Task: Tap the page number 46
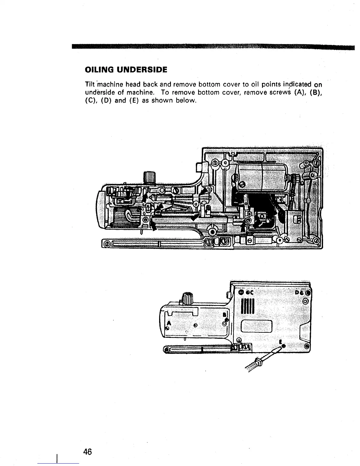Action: tap(88, 452)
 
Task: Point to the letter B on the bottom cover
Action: tap(224, 315)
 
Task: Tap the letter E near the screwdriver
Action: tap(280, 342)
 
